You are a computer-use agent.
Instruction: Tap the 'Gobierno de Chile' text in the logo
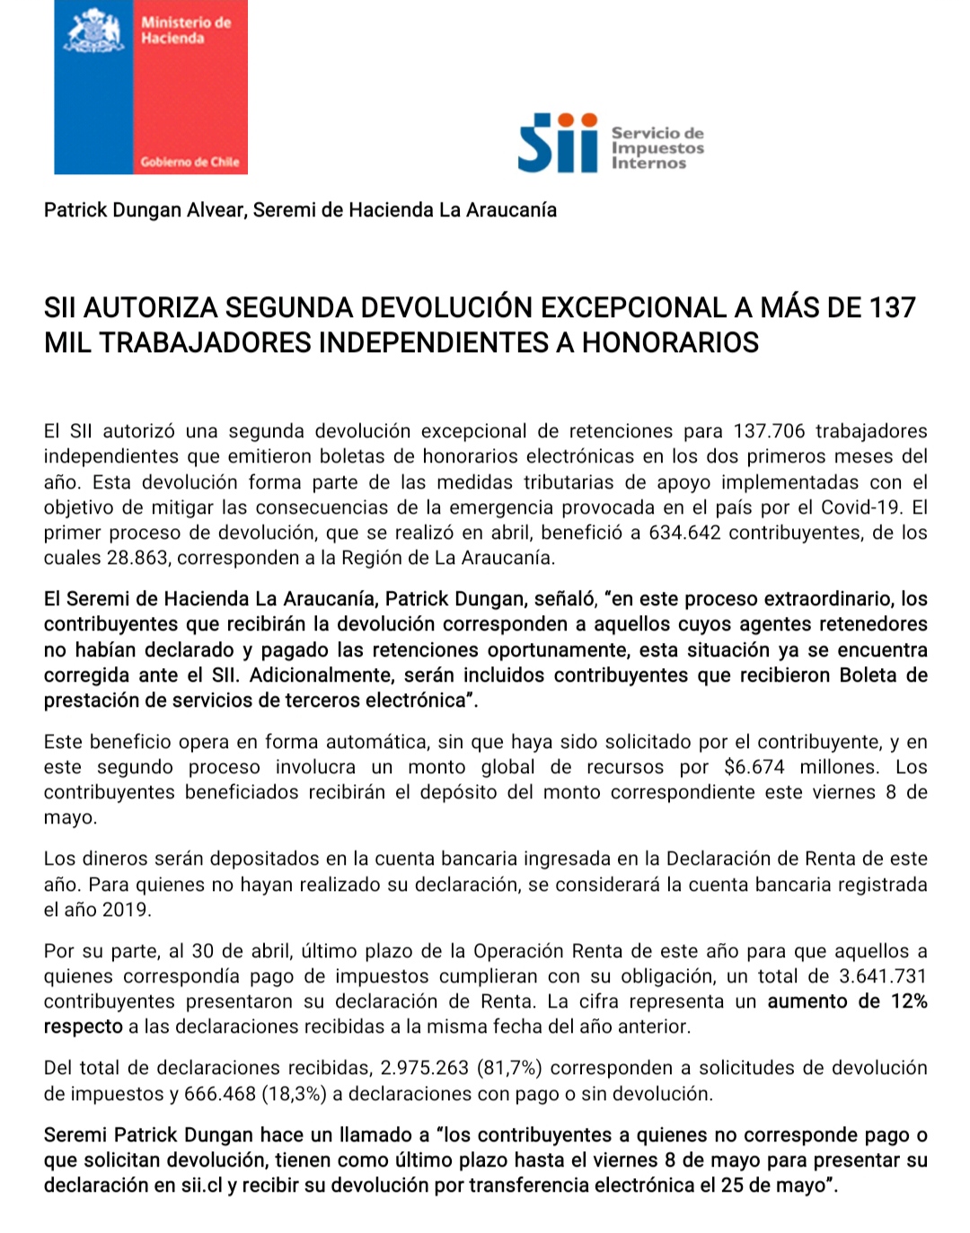click(190, 162)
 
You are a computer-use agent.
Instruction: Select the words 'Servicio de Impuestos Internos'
click(657, 148)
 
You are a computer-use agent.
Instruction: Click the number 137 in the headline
click(892, 308)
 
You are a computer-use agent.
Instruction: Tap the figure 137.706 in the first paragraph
click(770, 431)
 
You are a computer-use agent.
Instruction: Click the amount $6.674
click(754, 767)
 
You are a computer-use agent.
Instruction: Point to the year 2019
click(125, 910)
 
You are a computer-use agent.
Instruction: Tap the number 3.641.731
click(883, 976)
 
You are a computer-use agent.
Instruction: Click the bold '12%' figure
click(909, 1001)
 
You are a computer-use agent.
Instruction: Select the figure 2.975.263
click(425, 1068)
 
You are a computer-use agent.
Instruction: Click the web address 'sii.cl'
click(201, 1185)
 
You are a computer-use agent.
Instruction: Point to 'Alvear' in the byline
click(216, 210)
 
